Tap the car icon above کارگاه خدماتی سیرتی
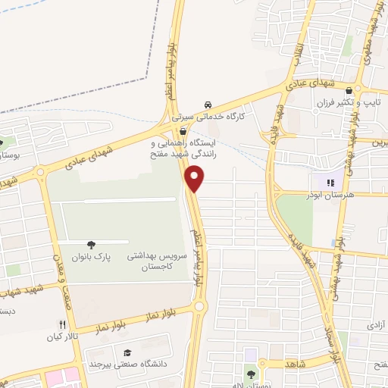click(x=208, y=106)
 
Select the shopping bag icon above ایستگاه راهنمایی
click(x=183, y=130)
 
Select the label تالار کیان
click(x=63, y=336)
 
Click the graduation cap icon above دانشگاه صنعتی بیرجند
click(x=128, y=353)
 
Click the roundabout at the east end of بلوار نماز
click(x=199, y=307)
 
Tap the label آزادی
click(x=375, y=324)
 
